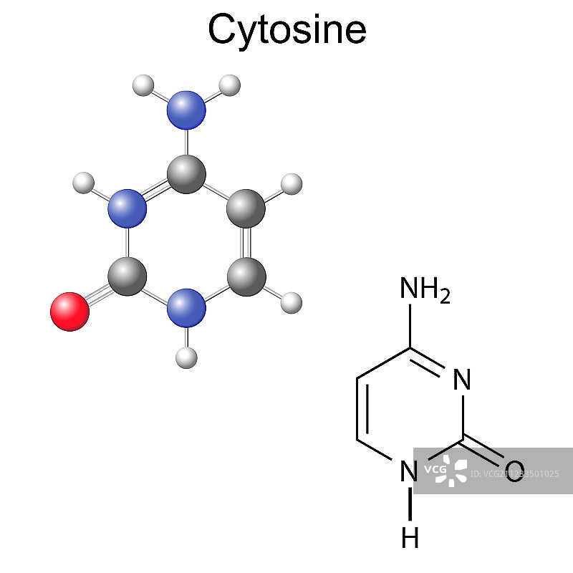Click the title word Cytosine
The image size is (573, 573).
point(286,30)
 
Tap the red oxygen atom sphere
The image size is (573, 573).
point(69,311)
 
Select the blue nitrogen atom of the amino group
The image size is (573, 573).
point(186,110)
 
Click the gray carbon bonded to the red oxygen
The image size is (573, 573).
point(127,276)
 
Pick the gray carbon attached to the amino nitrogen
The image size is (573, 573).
point(186,174)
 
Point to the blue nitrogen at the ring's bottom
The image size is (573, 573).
point(186,308)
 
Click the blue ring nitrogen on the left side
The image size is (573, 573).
point(127,208)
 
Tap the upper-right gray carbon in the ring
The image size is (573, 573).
point(246,208)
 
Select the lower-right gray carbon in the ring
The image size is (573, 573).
point(246,276)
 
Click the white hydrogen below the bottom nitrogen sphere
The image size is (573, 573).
point(186,355)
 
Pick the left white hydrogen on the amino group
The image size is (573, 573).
point(143,86)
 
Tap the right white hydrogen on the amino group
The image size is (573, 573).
point(229,85)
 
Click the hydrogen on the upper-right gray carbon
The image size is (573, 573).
point(291,184)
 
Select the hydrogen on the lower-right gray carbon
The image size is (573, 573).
point(291,302)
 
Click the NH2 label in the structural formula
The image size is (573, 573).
point(424,290)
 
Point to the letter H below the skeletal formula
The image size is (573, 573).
point(410,537)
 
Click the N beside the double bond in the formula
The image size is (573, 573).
point(463,380)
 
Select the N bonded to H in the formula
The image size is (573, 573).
point(409,471)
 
